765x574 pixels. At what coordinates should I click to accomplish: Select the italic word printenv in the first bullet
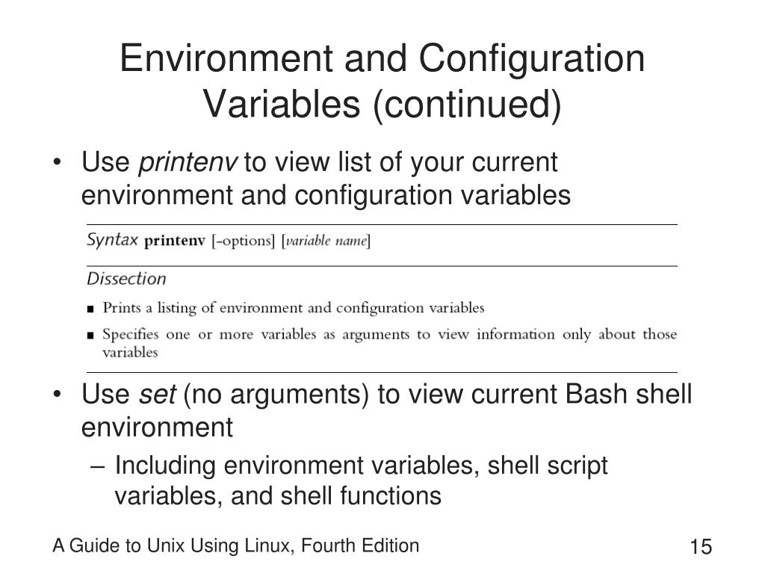pos(188,161)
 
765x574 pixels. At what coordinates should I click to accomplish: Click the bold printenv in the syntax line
pos(173,241)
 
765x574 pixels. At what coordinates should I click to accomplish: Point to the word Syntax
pos(112,240)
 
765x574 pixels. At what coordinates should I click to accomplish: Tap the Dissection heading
pos(126,279)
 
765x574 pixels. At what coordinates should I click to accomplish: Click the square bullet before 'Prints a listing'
pos(90,309)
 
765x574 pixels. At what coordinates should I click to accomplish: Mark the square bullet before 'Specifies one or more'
pos(90,336)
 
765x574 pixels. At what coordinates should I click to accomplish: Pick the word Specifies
pos(130,334)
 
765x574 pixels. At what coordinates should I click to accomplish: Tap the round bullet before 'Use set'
pos(58,395)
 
